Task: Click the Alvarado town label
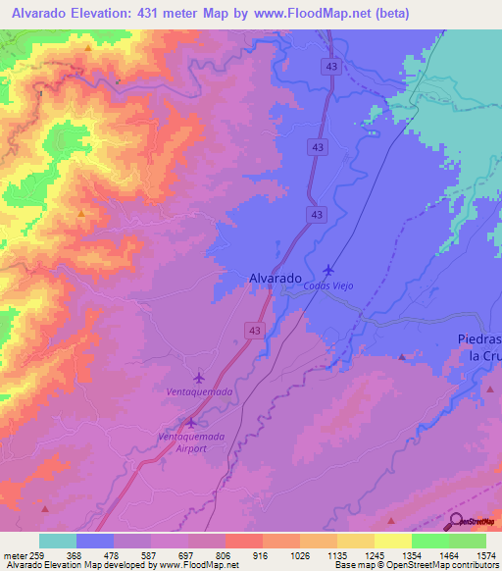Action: coord(274,279)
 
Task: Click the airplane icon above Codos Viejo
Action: coord(327,270)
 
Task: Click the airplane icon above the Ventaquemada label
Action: coord(200,377)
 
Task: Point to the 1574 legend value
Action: coord(475,554)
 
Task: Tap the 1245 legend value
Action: coord(366,554)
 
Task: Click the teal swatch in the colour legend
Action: coord(58,541)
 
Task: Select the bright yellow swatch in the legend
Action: coord(392,541)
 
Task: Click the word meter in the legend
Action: coord(15,554)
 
